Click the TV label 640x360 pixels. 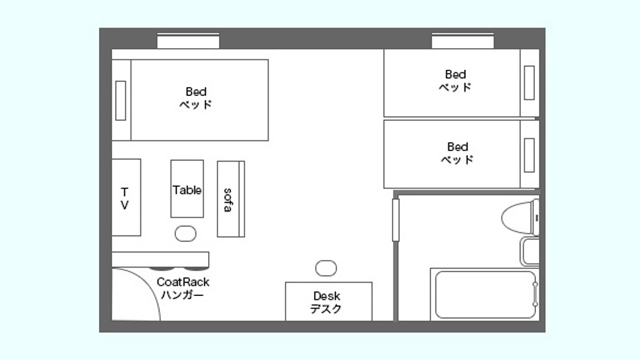[x=124, y=198]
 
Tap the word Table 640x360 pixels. [x=187, y=190]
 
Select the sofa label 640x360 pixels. [x=228, y=200]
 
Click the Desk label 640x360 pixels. [x=327, y=296]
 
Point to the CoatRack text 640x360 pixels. [x=183, y=282]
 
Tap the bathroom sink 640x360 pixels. [x=530, y=252]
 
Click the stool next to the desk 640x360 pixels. [x=326, y=268]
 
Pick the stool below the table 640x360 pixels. [x=186, y=234]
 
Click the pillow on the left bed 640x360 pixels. [x=121, y=100]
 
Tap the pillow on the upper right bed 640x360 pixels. [x=530, y=83]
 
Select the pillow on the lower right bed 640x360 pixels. [x=530, y=155]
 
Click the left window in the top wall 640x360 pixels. [x=188, y=41]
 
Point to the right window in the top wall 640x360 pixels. [x=463, y=41]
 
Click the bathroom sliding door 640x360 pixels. [x=396, y=220]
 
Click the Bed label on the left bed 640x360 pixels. [x=196, y=92]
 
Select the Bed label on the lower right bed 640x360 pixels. [x=458, y=147]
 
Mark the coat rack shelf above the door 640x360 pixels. [x=160, y=260]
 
